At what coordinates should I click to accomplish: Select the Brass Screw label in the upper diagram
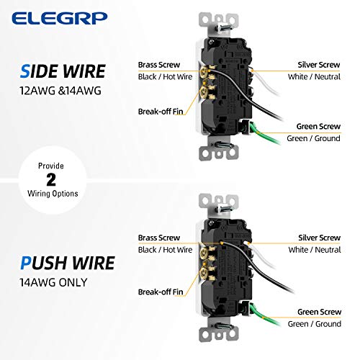(x=159, y=65)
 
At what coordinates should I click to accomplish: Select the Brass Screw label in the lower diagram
(x=159, y=236)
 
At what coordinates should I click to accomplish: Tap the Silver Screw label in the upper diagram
(x=318, y=65)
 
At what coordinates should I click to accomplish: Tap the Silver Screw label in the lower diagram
(x=318, y=236)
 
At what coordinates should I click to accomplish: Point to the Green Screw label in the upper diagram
(x=319, y=126)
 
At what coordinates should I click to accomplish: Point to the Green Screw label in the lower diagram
(x=319, y=312)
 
